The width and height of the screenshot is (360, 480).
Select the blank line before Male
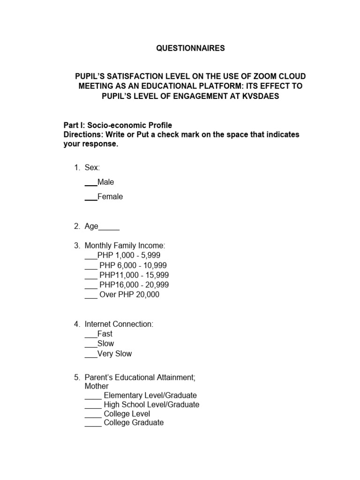[91, 182]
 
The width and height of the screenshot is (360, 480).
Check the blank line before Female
[91, 197]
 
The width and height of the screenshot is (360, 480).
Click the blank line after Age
[109, 227]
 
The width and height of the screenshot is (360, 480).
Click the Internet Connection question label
[119, 324]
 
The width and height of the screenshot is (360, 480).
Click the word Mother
[97, 386]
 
